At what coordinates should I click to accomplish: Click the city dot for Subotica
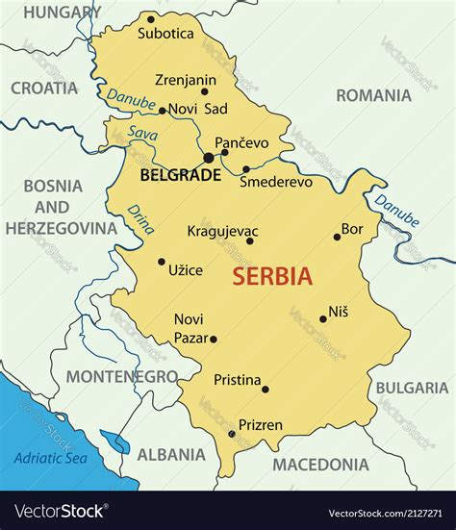[150, 18]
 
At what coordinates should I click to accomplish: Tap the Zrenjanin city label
[186, 81]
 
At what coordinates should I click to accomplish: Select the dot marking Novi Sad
[163, 111]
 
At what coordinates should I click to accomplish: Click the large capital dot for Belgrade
[209, 158]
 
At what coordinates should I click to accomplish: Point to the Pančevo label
[241, 142]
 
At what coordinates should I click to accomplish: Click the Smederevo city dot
[246, 169]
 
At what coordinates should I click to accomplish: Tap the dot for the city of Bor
[337, 237]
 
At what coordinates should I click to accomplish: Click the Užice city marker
[162, 261]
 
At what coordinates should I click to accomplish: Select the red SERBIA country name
[272, 277]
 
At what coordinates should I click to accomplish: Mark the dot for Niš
[323, 318]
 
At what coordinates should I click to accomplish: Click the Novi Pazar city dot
[214, 339]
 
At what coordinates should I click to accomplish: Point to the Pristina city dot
[266, 389]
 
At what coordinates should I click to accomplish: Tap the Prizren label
[261, 424]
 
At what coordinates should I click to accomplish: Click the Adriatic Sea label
[50, 458]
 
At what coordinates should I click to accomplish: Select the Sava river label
[142, 135]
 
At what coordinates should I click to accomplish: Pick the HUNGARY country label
[62, 13]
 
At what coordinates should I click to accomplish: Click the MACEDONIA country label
[320, 465]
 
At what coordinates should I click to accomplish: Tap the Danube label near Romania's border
[397, 211]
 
